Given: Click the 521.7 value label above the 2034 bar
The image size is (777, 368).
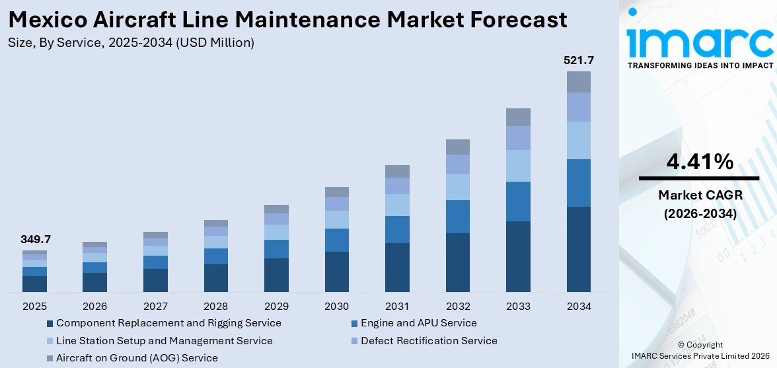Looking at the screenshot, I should click(x=578, y=61).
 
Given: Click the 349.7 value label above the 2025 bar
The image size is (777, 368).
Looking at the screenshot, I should click(x=34, y=239).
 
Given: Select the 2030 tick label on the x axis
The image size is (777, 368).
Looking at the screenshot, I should click(x=337, y=307).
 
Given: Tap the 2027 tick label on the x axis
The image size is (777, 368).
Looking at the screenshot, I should click(x=155, y=307).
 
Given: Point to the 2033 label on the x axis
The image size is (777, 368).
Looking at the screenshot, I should click(x=518, y=307).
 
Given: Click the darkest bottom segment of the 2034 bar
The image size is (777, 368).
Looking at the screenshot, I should click(x=578, y=249).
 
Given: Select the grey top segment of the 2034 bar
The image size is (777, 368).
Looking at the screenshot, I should click(x=578, y=82).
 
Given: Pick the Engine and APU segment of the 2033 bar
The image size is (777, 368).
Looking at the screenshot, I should click(x=518, y=201).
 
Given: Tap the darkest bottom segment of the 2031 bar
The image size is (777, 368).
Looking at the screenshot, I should click(x=397, y=267).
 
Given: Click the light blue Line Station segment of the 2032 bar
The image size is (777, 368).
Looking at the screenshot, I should click(x=457, y=187).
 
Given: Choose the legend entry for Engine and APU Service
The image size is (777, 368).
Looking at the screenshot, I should click(x=418, y=323).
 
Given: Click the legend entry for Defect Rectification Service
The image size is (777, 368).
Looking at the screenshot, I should click(x=429, y=341).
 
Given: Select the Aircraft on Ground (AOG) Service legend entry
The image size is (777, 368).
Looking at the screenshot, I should click(x=137, y=358).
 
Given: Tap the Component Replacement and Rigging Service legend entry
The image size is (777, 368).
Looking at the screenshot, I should click(x=168, y=323).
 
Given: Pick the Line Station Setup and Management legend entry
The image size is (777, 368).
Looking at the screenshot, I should click(x=164, y=341).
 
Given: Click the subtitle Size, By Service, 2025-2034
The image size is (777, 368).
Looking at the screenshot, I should click(x=131, y=43).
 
